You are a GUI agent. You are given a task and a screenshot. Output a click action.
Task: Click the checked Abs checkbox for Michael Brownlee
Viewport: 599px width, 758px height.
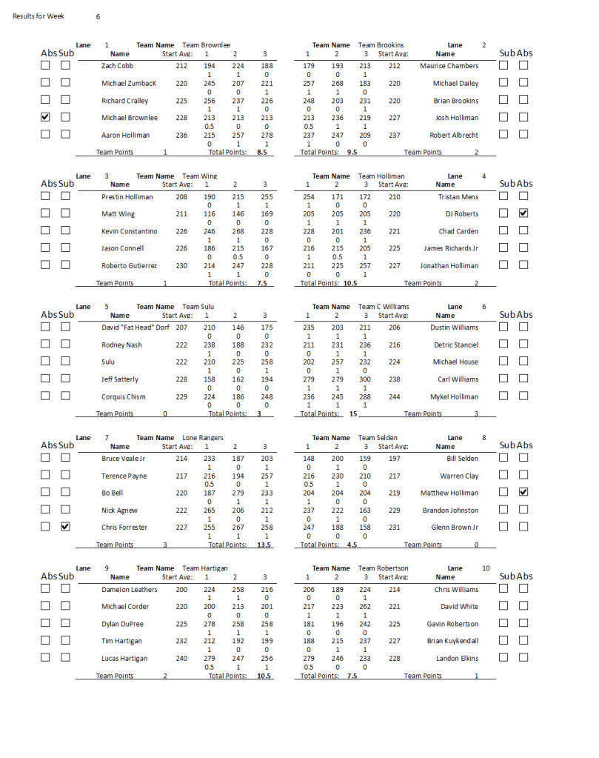tap(45, 117)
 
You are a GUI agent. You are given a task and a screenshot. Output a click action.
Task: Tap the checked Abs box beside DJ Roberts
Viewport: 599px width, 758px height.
tap(523, 213)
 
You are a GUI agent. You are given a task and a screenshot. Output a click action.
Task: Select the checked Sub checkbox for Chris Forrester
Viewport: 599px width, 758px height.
tap(65, 527)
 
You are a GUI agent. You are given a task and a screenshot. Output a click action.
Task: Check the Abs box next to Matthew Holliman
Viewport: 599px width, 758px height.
tap(523, 492)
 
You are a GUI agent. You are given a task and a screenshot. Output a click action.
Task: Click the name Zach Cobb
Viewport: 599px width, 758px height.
tap(117, 66)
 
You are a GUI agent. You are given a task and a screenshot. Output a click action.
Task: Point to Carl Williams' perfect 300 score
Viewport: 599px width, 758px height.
tap(365, 379)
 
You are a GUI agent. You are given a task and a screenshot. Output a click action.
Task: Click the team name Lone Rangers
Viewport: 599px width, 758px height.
tap(203, 438)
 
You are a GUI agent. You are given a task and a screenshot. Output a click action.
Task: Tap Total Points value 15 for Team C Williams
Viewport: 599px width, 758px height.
tap(343, 414)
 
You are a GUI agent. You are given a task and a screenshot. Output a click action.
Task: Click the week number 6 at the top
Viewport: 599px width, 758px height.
tap(98, 16)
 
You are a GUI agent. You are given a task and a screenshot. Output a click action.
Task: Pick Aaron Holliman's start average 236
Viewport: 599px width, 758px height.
tap(181, 136)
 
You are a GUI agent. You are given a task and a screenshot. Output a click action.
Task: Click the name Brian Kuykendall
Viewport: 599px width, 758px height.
tap(452, 641)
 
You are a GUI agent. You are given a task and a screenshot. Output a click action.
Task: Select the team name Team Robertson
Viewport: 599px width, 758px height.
tap(383, 568)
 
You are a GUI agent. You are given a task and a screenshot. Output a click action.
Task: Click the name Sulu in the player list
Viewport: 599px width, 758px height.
tap(109, 362)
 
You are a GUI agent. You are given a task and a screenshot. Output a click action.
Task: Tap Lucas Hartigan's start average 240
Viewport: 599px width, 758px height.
tap(181, 659)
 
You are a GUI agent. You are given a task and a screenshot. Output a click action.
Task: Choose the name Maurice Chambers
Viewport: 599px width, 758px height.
tap(449, 66)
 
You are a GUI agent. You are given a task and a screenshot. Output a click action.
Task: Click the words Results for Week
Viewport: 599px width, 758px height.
tap(39, 16)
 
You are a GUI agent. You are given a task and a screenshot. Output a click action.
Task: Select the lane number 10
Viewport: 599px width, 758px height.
tap(486, 568)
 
